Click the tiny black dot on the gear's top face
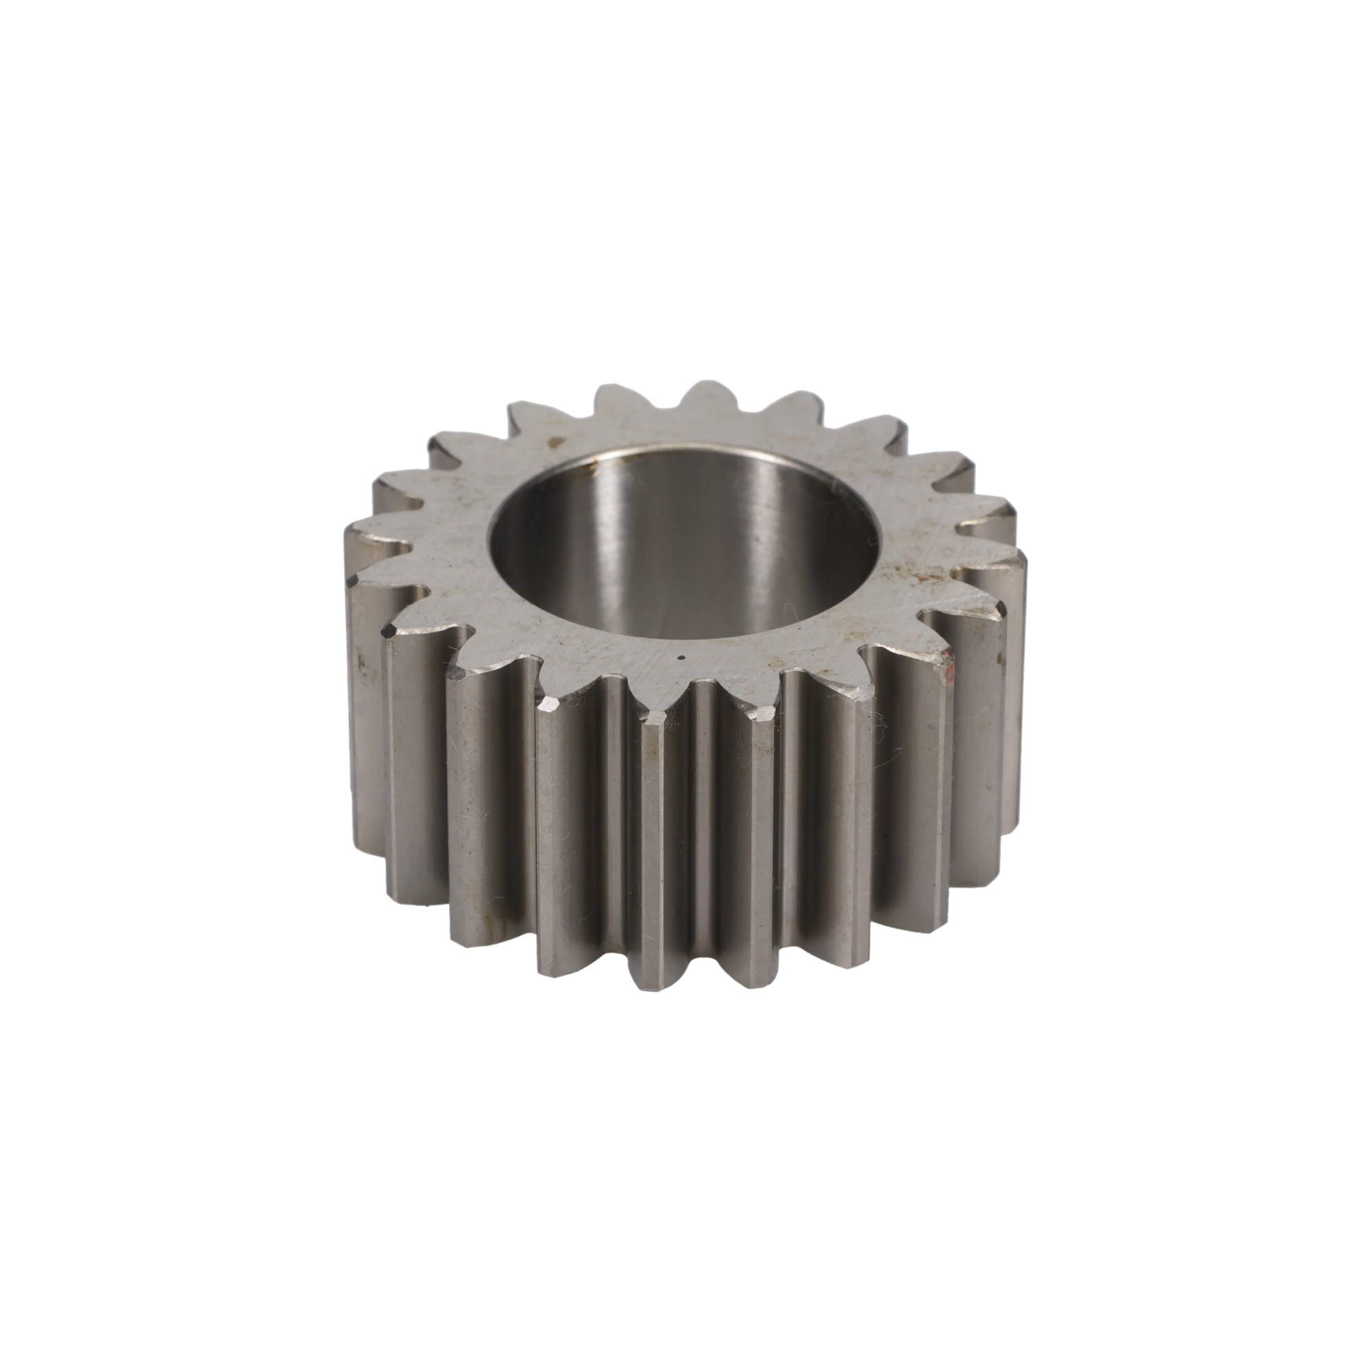click(x=681, y=658)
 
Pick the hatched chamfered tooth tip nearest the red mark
click(x=863, y=692)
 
